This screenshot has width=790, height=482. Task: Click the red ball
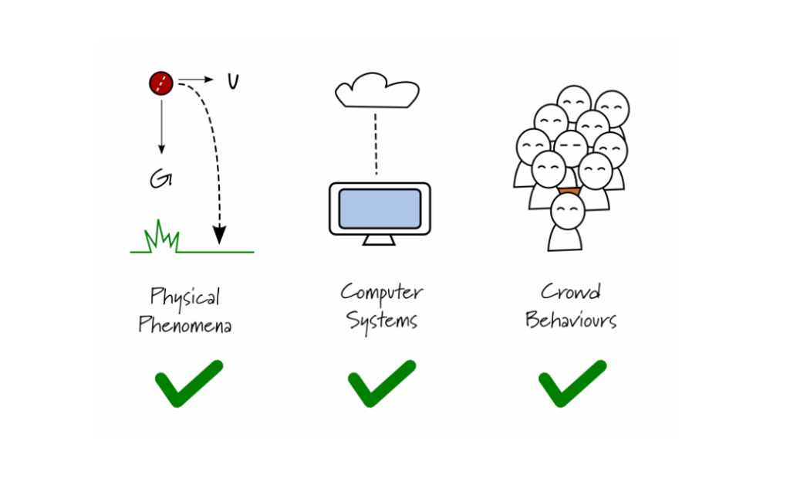coord(160,83)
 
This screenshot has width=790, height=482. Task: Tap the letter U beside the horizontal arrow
coord(232,81)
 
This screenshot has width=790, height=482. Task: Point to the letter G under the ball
coord(160,180)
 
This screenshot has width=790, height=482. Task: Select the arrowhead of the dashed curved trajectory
coord(220,233)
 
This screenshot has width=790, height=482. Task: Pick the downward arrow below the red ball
coord(161,124)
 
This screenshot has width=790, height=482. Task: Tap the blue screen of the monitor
coord(380,209)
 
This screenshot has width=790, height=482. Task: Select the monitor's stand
coord(379,239)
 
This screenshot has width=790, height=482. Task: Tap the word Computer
coord(382,293)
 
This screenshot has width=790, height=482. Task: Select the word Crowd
coord(570,292)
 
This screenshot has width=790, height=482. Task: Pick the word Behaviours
coord(571,319)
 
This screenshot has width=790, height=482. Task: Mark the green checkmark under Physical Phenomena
coord(187,383)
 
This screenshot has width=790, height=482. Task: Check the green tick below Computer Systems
coord(381,383)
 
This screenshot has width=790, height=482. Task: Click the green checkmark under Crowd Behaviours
coord(572,383)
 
